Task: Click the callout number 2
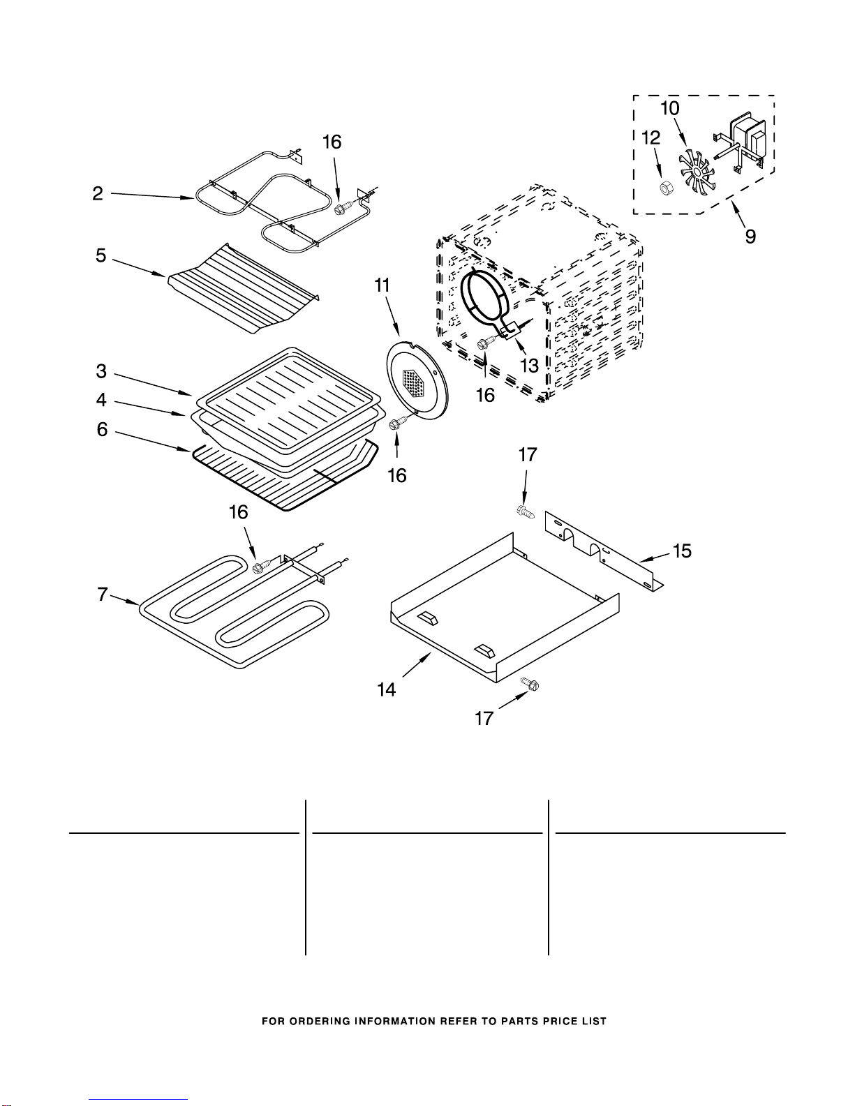pos(98,193)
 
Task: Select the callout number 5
pos(101,255)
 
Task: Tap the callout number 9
pos(751,236)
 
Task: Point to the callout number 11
pos(382,285)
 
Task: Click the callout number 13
pos(529,366)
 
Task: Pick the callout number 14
pos(386,689)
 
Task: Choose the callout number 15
pos(682,551)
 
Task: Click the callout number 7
pos(103,594)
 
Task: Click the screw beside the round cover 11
pos(397,424)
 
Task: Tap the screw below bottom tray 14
pos(530,684)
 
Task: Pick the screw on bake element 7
pos(263,565)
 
